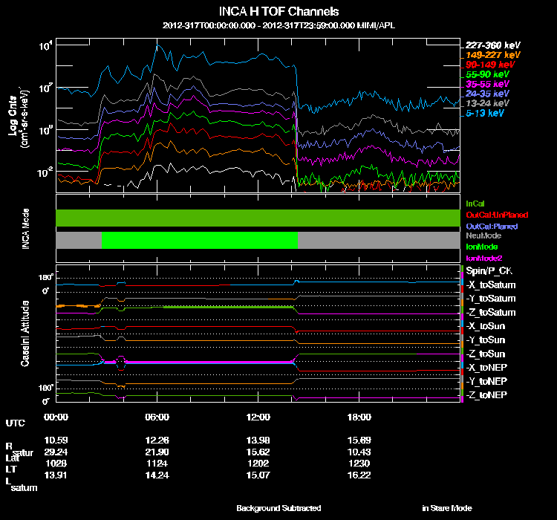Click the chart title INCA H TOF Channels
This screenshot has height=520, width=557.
(x=278, y=12)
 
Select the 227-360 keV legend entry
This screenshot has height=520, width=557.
(x=488, y=45)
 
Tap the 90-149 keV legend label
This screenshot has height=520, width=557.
(x=487, y=65)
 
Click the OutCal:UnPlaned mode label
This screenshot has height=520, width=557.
(x=491, y=215)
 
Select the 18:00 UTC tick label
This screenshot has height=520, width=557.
(x=360, y=417)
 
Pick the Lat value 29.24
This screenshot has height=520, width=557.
(x=56, y=451)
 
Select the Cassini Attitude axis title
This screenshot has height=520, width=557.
(x=25, y=334)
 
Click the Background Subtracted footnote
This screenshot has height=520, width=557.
(x=278, y=508)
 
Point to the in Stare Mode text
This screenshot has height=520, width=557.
(x=446, y=508)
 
